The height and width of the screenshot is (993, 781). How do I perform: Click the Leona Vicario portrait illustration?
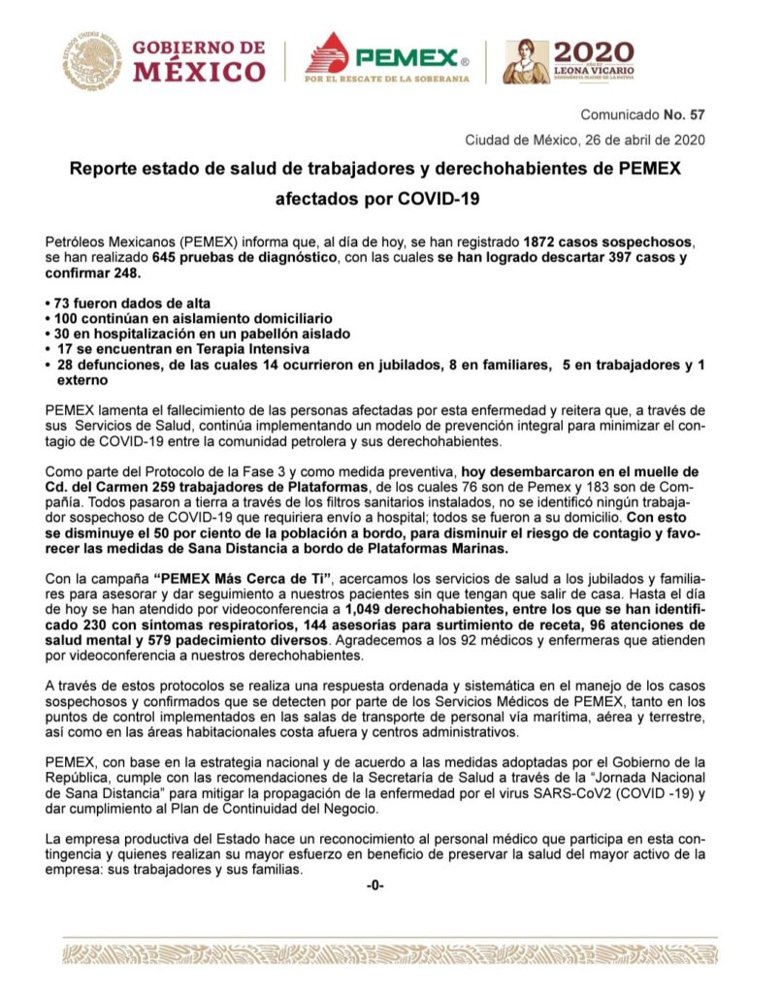coord(525,62)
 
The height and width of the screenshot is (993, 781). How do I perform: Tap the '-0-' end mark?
coord(375,885)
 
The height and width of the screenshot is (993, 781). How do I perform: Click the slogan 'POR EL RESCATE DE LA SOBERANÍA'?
coord(387,79)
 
